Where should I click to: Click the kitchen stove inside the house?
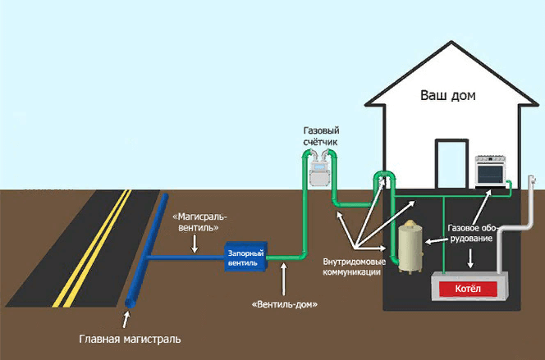[493, 171]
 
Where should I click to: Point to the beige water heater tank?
[408, 244]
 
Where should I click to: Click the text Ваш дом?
[448, 95]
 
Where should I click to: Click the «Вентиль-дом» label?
[284, 304]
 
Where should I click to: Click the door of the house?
[450, 164]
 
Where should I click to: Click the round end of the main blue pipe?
[131, 305]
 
